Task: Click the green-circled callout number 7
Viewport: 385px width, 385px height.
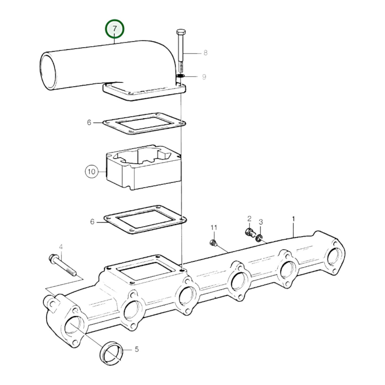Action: point(115,29)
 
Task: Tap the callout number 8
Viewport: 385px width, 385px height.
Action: point(205,53)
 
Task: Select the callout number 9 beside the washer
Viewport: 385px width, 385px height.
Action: point(204,77)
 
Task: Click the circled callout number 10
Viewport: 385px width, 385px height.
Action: point(91,172)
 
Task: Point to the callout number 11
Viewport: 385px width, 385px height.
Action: point(214,228)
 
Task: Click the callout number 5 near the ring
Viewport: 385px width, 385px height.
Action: point(136,349)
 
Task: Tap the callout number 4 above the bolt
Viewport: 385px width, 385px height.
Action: point(61,247)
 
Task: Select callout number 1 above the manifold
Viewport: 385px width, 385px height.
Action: point(293,219)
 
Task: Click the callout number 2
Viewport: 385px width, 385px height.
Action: point(249,219)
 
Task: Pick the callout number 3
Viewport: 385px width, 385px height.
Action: point(261,222)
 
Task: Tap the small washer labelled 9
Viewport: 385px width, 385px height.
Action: point(180,76)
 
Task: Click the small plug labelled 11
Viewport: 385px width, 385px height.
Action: point(213,242)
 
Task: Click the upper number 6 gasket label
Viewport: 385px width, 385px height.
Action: point(89,123)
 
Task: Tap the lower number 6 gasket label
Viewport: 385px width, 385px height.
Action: point(92,222)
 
